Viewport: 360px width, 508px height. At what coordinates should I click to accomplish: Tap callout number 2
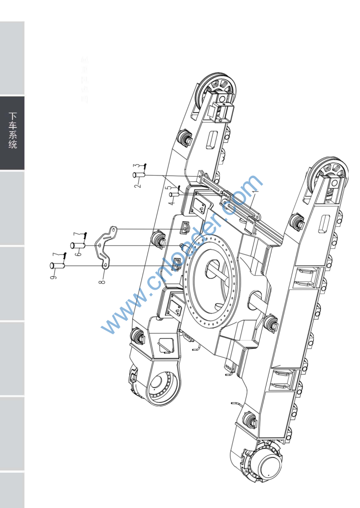(138, 185)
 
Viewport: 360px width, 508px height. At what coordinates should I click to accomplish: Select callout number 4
(171, 202)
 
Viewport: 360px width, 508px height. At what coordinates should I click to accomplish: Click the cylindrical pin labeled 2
(138, 175)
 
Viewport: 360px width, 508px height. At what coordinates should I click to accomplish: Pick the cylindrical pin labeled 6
(78, 245)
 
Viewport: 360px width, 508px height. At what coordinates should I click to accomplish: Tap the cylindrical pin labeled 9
(57, 265)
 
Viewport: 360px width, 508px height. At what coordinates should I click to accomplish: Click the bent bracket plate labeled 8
(106, 248)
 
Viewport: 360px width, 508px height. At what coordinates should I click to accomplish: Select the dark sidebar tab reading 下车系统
(12, 132)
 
